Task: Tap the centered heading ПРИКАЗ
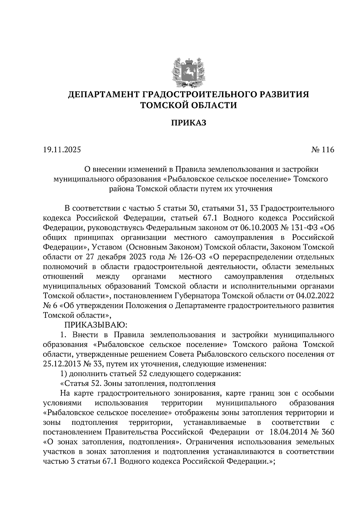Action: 189,123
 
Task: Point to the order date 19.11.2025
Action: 62,149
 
